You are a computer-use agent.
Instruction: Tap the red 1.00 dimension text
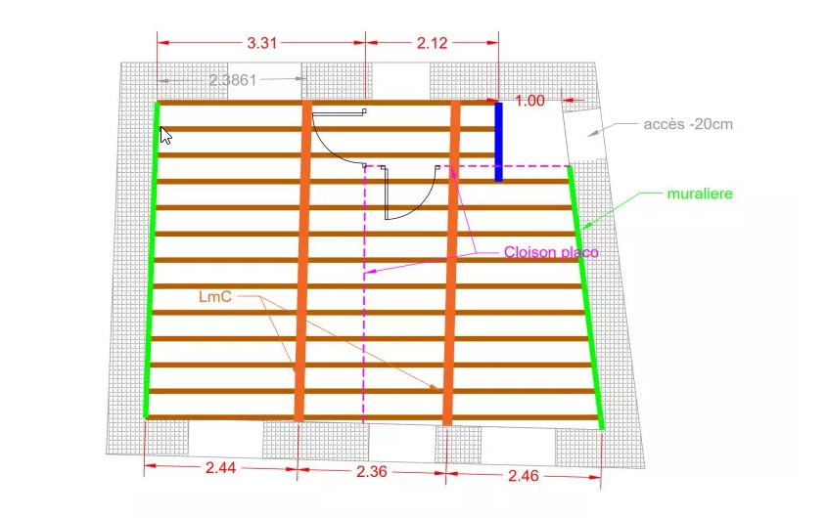(529, 100)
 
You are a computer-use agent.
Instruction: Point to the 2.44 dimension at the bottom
(220, 469)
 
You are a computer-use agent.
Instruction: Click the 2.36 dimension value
(371, 471)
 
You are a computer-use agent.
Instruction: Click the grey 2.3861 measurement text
(233, 80)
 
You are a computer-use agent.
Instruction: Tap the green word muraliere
(700, 194)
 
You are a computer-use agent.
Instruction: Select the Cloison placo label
(550, 252)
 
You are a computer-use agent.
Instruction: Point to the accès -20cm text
(688, 124)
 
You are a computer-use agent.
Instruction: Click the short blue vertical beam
(498, 142)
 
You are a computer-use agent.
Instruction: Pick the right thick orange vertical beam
(451, 264)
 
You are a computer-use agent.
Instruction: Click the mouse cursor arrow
(166, 134)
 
